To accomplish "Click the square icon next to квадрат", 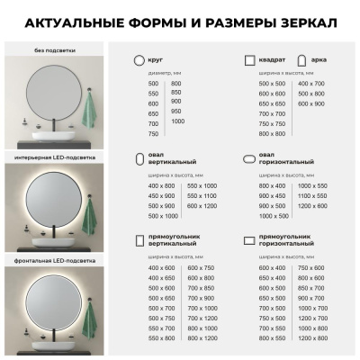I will click(251, 59).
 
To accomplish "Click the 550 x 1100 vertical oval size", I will click(202, 195).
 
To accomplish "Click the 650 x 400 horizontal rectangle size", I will click(272, 278).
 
